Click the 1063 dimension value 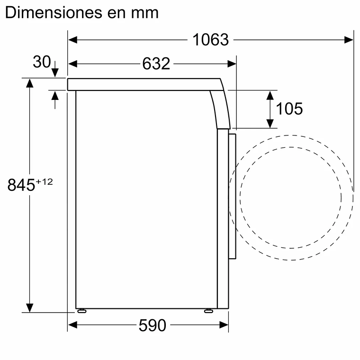210,40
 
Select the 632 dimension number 156,63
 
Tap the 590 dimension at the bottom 153,325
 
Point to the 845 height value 21,185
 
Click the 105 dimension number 289,109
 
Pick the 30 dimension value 42,62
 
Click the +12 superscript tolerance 44,181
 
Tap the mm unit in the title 146,13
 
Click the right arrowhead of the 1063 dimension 349,40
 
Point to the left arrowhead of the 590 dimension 72,325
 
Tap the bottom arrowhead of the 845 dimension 30,307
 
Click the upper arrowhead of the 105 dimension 270,94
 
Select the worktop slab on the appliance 142,84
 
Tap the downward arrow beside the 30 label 55,71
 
